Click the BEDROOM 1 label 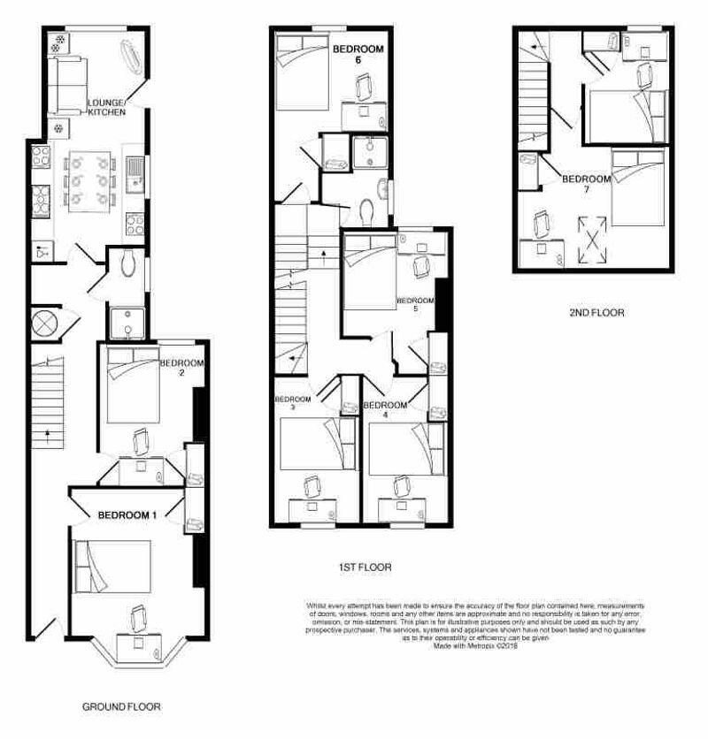click(x=127, y=514)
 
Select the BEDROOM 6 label click(x=358, y=55)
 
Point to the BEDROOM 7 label click(x=587, y=184)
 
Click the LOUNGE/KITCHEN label click(x=106, y=108)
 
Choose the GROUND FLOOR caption click(x=121, y=707)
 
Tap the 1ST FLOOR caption click(x=365, y=568)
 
